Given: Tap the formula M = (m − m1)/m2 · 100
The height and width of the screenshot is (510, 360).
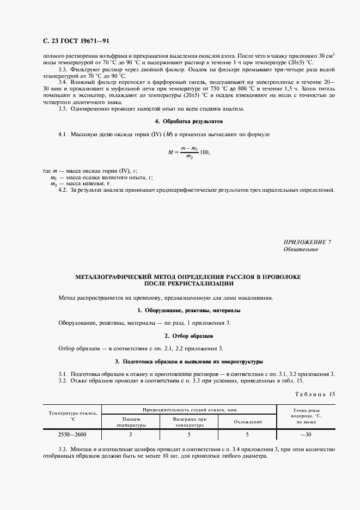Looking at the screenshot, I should click(x=189, y=152).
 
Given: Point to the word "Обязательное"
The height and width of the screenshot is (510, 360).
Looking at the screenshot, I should click(x=301, y=250).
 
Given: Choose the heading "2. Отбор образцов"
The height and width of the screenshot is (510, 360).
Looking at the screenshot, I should click(x=189, y=336).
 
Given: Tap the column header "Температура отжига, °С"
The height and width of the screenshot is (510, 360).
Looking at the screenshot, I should click(x=71, y=417).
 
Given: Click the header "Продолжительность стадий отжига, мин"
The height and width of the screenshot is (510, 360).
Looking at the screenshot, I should click(x=189, y=409).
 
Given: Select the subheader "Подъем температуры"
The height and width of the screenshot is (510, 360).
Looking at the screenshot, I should click(x=131, y=422).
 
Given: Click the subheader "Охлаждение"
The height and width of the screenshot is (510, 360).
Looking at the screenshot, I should click(x=248, y=422).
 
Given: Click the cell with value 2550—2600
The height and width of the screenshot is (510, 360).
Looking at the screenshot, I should click(x=72, y=435).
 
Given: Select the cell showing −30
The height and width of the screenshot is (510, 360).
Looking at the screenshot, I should click(x=306, y=435).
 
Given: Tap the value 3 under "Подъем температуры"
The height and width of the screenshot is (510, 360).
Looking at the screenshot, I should click(x=131, y=435).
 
